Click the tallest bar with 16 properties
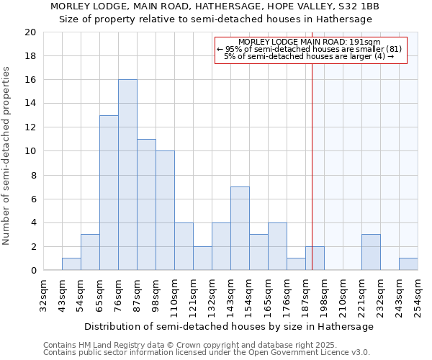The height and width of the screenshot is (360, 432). click(x=127, y=175)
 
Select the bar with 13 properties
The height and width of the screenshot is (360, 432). click(x=109, y=193)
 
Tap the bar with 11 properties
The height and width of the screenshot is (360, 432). click(x=146, y=204)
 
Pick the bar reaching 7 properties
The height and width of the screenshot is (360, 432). click(x=240, y=228)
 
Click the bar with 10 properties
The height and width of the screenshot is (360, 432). click(x=165, y=211)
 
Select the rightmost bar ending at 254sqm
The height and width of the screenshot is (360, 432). click(x=408, y=264)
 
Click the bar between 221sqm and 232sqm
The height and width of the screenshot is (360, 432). click(x=371, y=252)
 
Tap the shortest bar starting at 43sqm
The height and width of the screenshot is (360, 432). click(x=71, y=264)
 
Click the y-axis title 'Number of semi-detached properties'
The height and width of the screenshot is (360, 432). click(x=7, y=156)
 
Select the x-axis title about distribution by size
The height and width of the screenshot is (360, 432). click(x=228, y=326)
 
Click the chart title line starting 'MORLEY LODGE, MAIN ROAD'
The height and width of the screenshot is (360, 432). click(x=225, y=6)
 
